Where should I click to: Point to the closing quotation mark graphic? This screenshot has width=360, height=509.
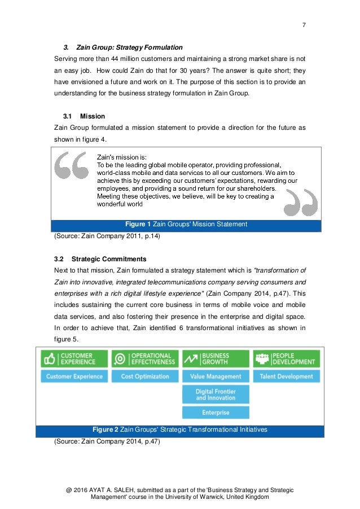pyautogui.click(x=300, y=202)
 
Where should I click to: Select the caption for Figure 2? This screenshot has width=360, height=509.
pyautogui.click(x=179, y=429)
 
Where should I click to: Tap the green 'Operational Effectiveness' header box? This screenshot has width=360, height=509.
pyautogui.click(x=144, y=359)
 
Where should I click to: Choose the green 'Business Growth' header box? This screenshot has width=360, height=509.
pyautogui.click(x=215, y=359)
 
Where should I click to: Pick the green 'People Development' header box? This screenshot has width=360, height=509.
pyautogui.click(x=286, y=359)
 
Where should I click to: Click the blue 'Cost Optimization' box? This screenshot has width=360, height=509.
pyautogui.click(x=144, y=376)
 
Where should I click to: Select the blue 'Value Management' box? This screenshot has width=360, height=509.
pyautogui.click(x=215, y=376)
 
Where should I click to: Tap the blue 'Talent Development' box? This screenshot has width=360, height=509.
pyautogui.click(x=286, y=376)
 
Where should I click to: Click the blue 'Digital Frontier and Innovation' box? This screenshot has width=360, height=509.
pyautogui.click(x=215, y=394)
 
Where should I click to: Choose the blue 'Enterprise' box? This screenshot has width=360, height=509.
pyautogui.click(x=215, y=413)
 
